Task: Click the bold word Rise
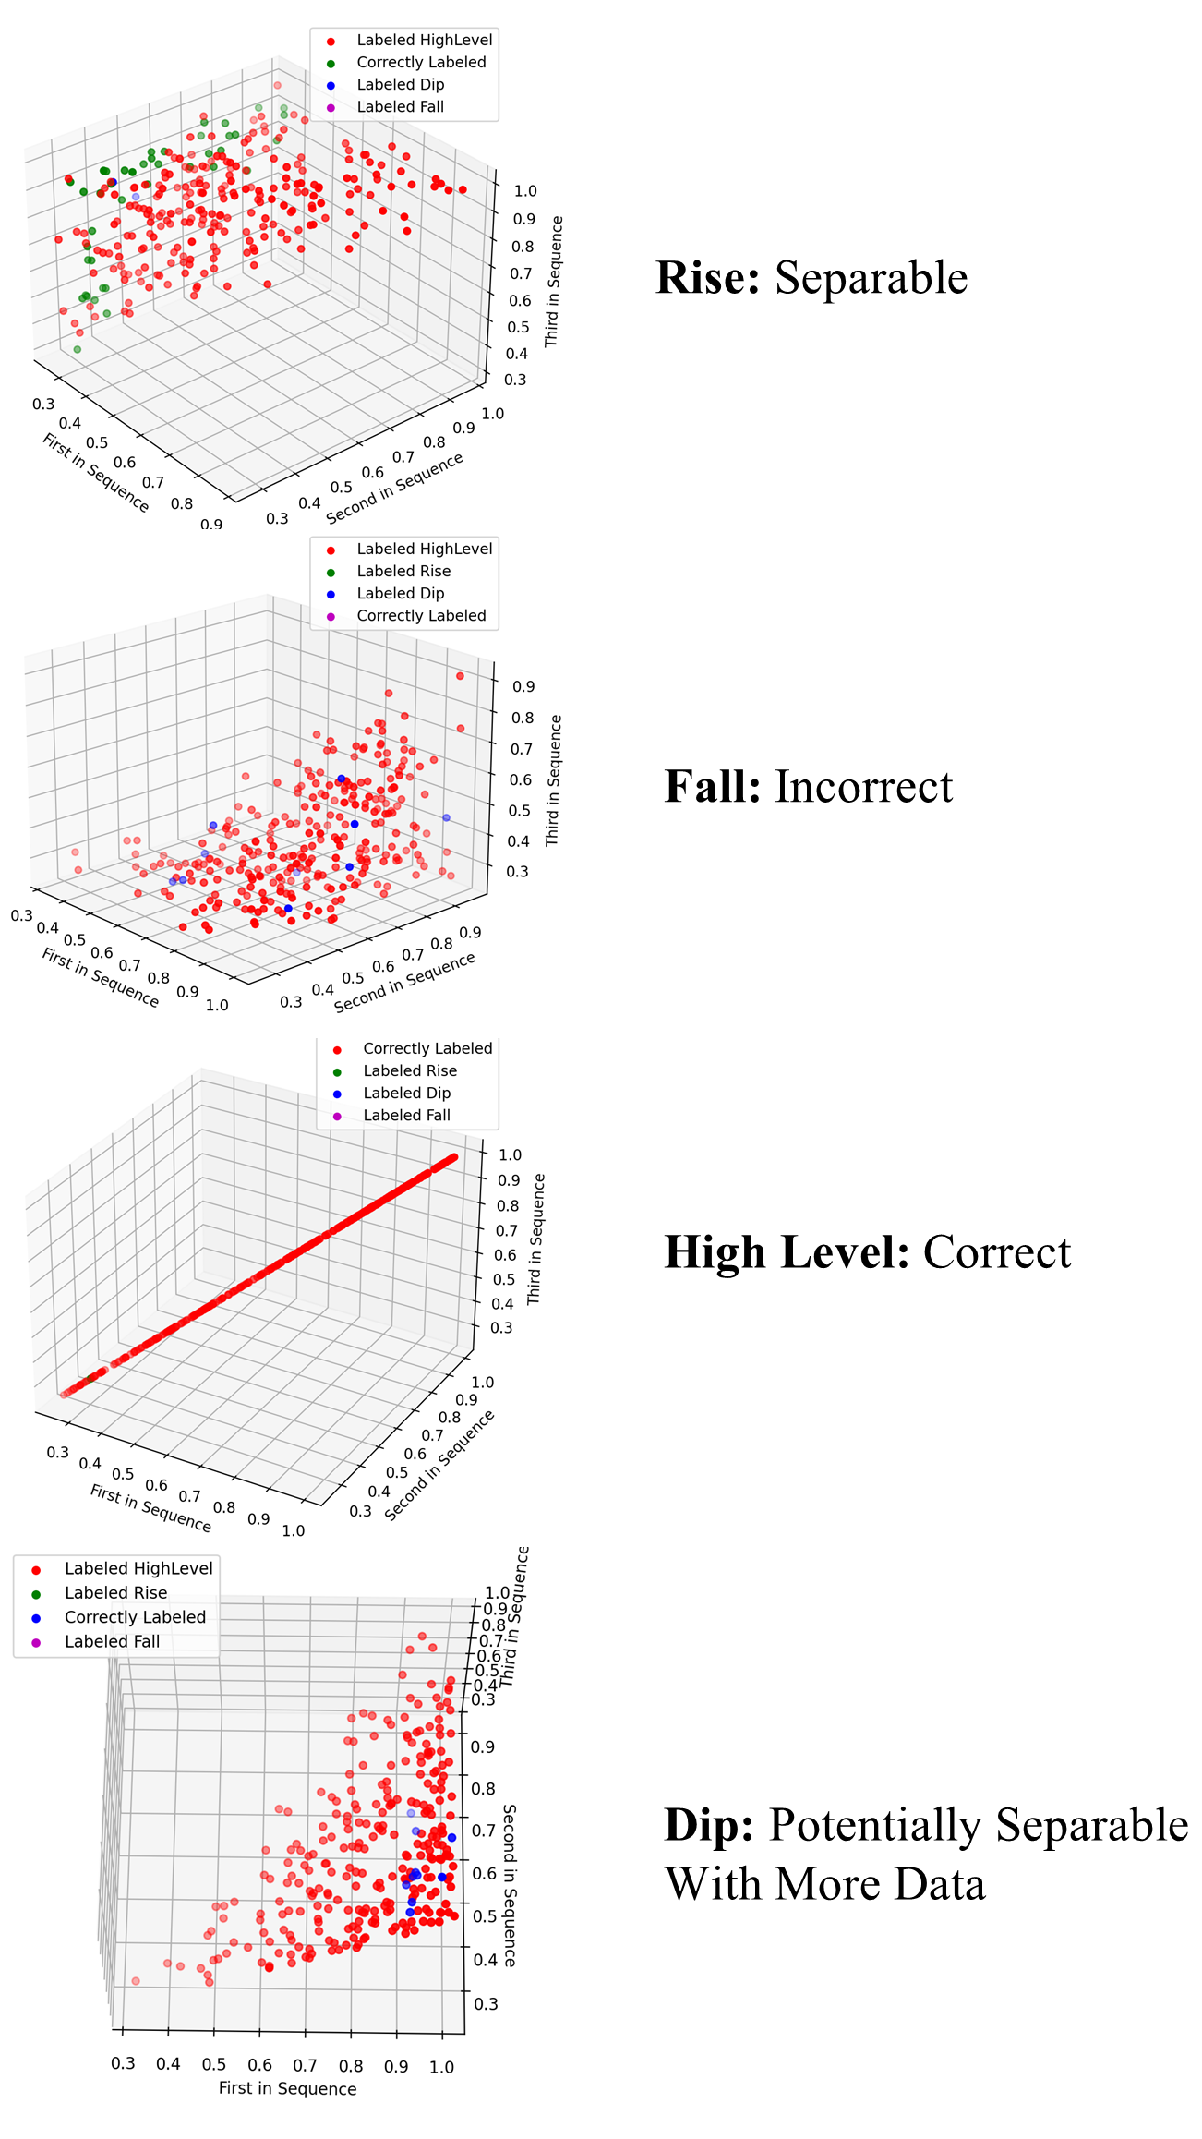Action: pos(707,277)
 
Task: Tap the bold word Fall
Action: pos(713,787)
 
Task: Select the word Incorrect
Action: pos(863,787)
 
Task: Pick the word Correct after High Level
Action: pos(997,1252)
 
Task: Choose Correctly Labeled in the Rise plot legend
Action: pos(421,62)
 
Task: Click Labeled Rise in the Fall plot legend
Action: pos(403,571)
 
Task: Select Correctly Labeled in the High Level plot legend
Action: pos(427,1048)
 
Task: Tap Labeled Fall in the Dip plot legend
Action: pos(112,1641)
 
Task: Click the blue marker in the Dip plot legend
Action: pos(36,1617)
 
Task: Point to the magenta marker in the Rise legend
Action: pos(331,107)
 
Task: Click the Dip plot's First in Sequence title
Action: pos(287,2088)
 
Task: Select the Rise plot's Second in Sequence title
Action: pos(394,489)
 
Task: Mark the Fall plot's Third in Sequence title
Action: pos(553,780)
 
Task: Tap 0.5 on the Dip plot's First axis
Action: pos(213,2064)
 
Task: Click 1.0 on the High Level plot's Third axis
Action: pos(510,1154)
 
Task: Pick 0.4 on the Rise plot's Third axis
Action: pos(516,353)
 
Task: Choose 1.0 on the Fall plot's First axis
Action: pos(217,1005)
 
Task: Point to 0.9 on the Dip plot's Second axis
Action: pos(483,1746)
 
